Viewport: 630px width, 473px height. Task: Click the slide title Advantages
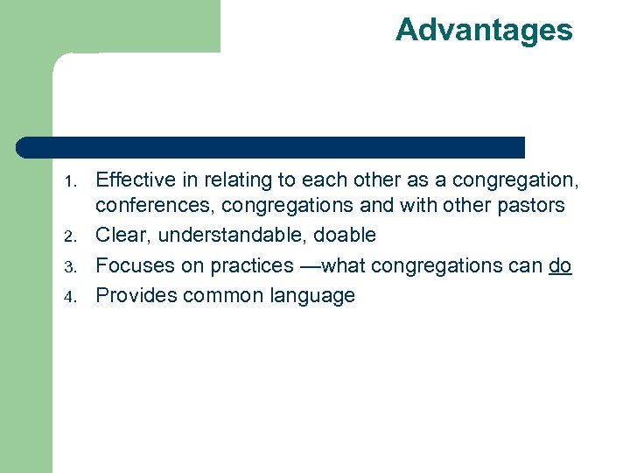point(484,30)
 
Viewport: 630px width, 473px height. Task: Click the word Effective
point(134,180)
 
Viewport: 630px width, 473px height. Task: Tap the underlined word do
point(560,265)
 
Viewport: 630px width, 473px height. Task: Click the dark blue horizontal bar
point(271,147)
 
